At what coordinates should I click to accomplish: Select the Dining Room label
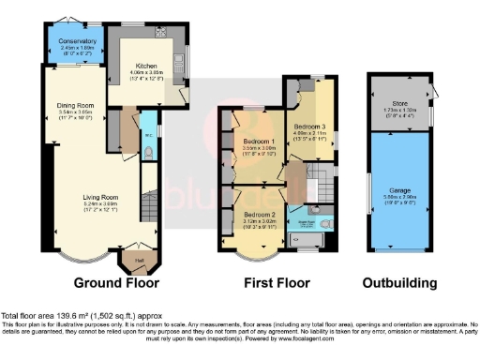tap(74, 106)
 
